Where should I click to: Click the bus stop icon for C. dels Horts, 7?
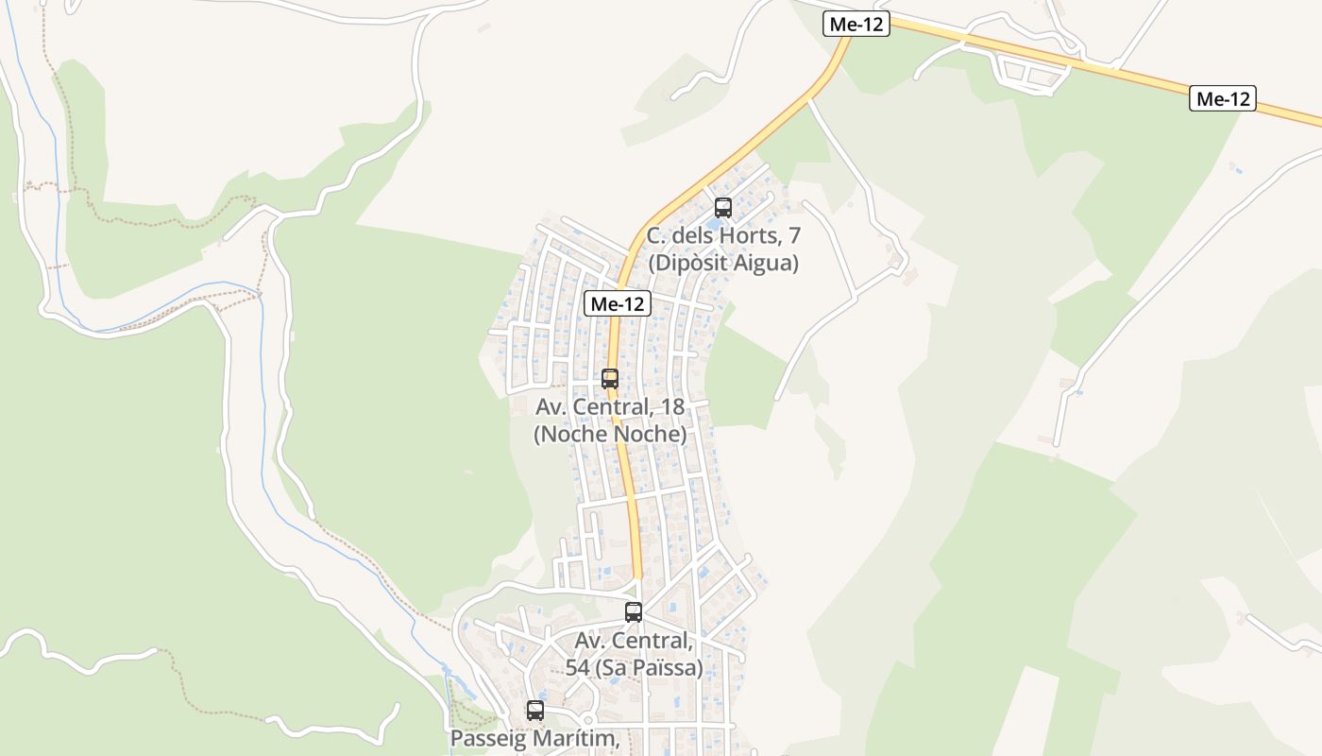723,207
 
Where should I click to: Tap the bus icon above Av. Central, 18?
610,379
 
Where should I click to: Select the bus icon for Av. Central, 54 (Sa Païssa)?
634,611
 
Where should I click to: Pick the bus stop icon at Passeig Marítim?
535,710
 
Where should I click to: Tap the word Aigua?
766,263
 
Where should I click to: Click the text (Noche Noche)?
610,435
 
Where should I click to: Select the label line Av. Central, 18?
610,407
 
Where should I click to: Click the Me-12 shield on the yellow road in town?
618,303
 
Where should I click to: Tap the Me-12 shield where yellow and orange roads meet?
856,25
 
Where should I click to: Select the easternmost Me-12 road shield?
1222,98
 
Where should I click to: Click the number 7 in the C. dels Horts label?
795,236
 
